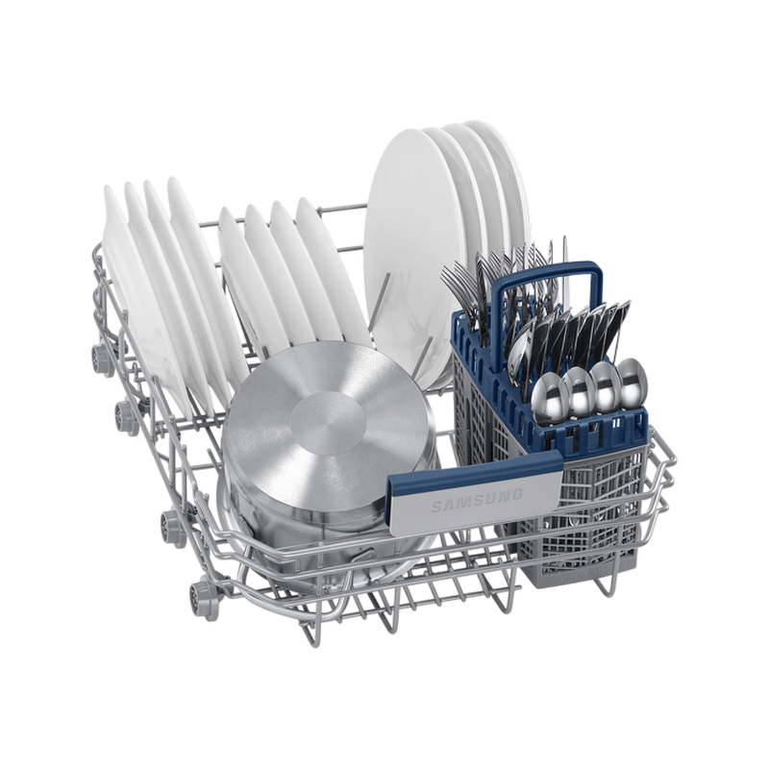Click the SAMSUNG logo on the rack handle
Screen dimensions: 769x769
point(477,500)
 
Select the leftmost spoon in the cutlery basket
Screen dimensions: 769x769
point(550,398)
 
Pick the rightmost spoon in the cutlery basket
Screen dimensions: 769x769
point(633,383)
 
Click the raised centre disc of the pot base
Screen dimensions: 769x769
point(328,423)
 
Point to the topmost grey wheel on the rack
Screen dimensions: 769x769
point(103,360)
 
